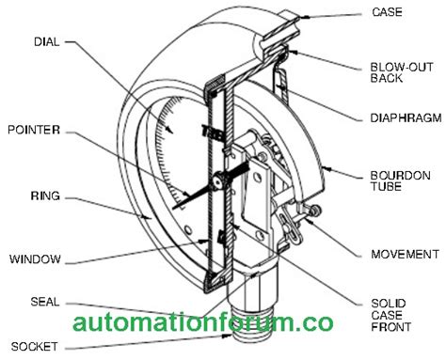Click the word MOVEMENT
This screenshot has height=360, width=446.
404,254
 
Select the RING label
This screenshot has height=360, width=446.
45,196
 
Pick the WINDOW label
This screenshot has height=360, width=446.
36,258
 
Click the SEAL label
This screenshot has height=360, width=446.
45,302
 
